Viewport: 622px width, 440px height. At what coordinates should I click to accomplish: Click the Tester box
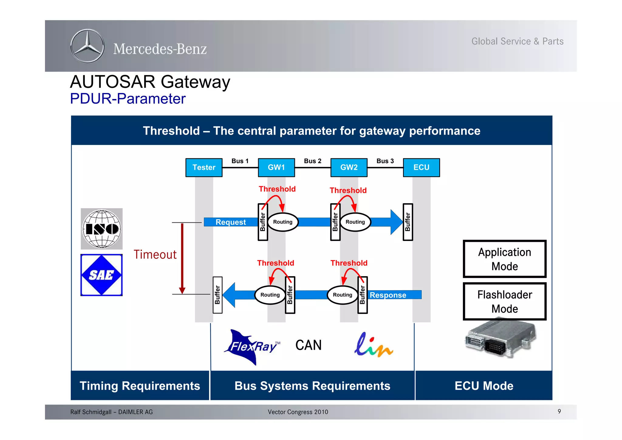pos(204,167)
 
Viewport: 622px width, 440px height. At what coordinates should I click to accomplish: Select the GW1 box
pos(276,167)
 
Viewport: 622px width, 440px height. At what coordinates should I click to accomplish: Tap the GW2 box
pos(349,167)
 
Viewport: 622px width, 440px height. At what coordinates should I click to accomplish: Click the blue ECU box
pos(421,167)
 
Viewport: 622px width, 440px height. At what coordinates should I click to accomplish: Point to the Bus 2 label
pos(313,161)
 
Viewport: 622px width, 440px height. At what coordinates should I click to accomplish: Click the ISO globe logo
pos(102,229)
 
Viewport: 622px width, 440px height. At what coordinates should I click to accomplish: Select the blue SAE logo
pos(101,275)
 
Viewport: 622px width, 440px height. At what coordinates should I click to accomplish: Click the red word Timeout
pos(155,255)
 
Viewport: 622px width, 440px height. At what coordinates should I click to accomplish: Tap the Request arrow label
pos(231,222)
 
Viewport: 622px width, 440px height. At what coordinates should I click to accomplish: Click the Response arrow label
pos(388,295)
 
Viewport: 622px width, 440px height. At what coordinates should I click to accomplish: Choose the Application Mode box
pos(504,259)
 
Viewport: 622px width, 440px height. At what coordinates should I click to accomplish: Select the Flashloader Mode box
pos(504,301)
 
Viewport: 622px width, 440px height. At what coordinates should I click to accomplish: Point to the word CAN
pos(308,345)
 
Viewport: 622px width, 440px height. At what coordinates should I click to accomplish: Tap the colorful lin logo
pos(373,345)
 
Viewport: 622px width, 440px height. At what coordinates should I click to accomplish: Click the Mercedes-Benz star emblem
pos(87,46)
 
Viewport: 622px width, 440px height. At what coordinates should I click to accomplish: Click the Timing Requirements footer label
pos(140,386)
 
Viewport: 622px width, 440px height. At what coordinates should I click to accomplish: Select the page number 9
pos(559,411)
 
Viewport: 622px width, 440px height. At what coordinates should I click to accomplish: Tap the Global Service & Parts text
pos(517,41)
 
